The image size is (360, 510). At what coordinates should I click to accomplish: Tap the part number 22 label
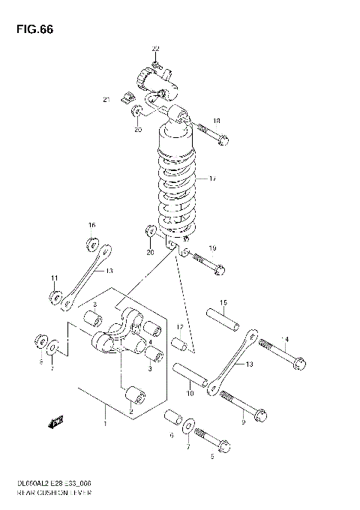[155, 49]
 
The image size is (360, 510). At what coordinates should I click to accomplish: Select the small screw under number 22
[156, 64]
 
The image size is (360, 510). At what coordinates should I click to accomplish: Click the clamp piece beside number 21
[128, 94]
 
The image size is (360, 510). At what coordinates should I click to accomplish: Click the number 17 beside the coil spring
[213, 179]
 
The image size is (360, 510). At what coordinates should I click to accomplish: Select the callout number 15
[223, 302]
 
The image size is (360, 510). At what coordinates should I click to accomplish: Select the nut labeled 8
[40, 342]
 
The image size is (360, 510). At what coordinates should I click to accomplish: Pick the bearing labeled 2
[135, 394]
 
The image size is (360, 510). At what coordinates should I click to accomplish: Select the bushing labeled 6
[172, 417]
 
